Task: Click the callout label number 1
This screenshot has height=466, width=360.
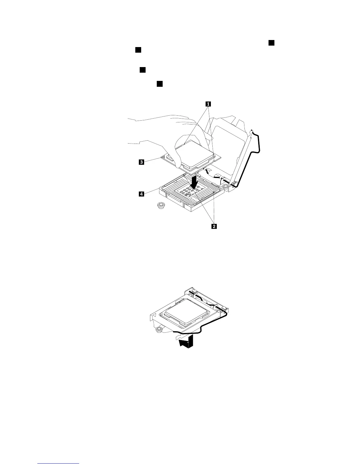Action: (208, 104)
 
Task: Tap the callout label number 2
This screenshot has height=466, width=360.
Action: (214, 226)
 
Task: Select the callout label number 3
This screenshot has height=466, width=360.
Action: (141, 162)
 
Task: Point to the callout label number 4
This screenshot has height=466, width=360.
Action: (141, 194)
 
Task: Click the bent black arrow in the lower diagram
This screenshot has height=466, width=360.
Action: (186, 341)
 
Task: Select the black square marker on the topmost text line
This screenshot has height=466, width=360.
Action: (271, 43)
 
